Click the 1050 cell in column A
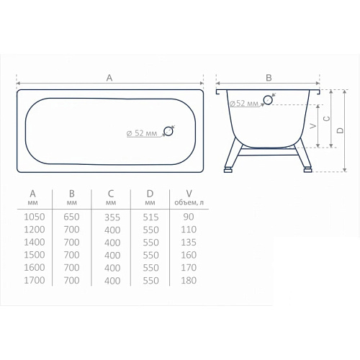pyautogui.click(x=35, y=217)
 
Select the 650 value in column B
pyautogui.click(x=71, y=217)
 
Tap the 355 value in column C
pyautogui.click(x=112, y=217)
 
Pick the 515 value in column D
pyautogui.click(x=150, y=217)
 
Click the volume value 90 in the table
pyautogui.click(x=189, y=217)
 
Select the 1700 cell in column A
pyautogui.click(x=35, y=280)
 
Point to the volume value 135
pyautogui.click(x=189, y=243)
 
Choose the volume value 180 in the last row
pyautogui.click(x=189, y=280)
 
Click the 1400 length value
pyautogui.click(x=35, y=243)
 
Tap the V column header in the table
pyautogui.click(x=189, y=194)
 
